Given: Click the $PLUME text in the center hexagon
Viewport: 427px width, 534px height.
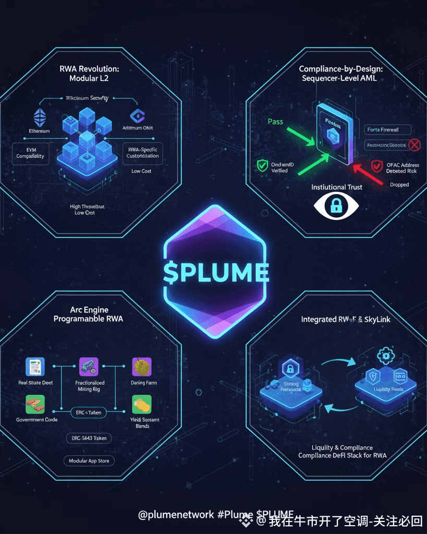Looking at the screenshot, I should [215, 272].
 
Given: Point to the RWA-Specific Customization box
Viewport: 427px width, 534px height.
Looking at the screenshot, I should [142, 152].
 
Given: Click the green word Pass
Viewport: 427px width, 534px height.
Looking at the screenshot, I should [275, 122].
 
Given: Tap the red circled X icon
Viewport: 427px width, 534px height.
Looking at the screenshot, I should [414, 144].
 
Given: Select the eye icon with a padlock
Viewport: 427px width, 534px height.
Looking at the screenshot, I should [336, 207].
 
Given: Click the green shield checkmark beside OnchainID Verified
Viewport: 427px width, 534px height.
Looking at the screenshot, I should [262, 166].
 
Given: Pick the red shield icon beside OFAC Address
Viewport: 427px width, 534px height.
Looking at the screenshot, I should [376, 166].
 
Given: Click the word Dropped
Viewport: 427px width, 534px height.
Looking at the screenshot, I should [399, 185].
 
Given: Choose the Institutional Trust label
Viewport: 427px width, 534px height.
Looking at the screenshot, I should [336, 187].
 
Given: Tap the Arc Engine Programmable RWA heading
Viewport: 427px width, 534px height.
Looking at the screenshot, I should [89, 314].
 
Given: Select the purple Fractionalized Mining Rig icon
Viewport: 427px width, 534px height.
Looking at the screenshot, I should [88, 367].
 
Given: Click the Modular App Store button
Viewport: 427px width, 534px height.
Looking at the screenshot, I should [89, 461].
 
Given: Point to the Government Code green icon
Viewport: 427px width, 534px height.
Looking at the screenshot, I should [35, 404].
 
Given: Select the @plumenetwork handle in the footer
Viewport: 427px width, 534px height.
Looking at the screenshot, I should [176, 514].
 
